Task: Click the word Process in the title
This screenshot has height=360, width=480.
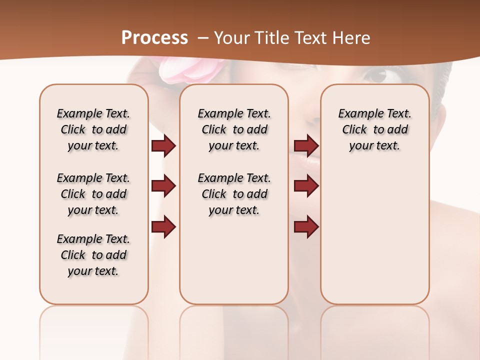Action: click(154, 38)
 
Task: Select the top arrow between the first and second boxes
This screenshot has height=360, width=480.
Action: click(163, 146)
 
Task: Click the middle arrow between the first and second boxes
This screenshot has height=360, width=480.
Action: click(163, 186)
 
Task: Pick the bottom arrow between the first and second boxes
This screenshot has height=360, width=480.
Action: click(163, 227)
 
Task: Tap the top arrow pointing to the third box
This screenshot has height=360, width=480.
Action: click(306, 146)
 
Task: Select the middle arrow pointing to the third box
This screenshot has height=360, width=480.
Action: click(306, 186)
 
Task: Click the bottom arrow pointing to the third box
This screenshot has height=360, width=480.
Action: click(306, 227)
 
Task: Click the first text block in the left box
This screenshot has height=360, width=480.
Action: click(93, 129)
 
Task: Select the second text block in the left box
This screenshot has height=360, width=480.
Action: click(93, 194)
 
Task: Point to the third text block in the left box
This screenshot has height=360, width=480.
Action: click(93, 255)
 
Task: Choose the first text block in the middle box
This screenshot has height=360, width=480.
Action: click(234, 129)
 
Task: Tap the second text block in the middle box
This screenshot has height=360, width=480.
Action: click(234, 194)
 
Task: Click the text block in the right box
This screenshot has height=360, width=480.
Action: click(375, 129)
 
